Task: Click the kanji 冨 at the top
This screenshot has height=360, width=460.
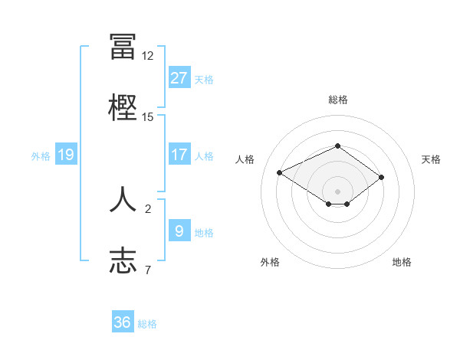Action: coord(123,46)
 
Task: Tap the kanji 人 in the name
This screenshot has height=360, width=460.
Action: coord(123,198)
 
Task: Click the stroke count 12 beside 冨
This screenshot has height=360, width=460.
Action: coord(148,56)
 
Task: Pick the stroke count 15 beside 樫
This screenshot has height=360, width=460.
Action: coord(148,117)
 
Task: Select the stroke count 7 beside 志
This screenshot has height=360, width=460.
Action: coord(148,270)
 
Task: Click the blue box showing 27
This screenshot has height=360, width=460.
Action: coord(179,78)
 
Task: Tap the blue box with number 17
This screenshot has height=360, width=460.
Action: coord(179,155)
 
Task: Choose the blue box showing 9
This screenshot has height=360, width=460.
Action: coord(179,231)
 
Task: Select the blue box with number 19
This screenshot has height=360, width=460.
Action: coord(66,155)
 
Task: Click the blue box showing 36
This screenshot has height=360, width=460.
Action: coord(123,322)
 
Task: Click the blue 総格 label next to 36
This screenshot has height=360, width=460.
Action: coord(147,324)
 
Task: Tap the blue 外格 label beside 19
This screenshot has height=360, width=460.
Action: coord(41,156)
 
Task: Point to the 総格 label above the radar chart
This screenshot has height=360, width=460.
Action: coord(338,100)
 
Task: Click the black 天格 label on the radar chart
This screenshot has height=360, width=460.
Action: coord(432,159)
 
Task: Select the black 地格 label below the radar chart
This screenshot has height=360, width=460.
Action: coord(402,262)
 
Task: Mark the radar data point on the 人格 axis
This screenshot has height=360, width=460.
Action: coord(280,172)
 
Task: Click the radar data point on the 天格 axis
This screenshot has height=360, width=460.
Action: coord(381,177)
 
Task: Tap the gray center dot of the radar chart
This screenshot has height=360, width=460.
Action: coord(337,191)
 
